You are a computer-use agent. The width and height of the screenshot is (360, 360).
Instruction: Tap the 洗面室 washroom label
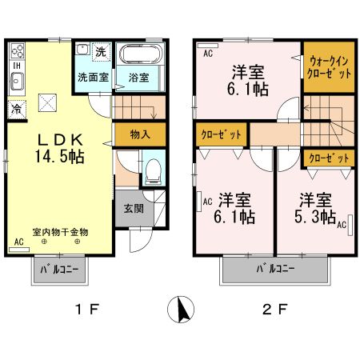coord(92,78)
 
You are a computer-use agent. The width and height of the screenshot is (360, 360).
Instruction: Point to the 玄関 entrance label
coord(134,209)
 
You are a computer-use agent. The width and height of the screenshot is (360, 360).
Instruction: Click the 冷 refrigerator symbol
coord(16,106)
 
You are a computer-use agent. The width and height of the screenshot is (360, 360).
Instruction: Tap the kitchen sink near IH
coord(17,79)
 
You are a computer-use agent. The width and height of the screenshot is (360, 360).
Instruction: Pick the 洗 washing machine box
coord(100,52)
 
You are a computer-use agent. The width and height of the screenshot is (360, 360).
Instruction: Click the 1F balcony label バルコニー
coord(60,270)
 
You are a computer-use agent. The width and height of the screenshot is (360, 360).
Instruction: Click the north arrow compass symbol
coord(181,308)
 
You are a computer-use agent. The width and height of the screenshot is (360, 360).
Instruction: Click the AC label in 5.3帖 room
coord(340,226)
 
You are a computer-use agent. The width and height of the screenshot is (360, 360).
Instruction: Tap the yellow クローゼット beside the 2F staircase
coord(328,158)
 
